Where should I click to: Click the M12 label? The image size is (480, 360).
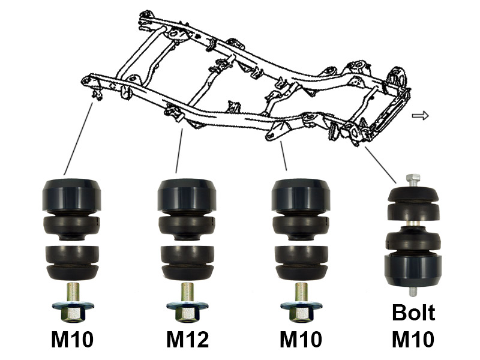pos(187,339)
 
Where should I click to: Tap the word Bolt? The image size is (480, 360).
pos(413,312)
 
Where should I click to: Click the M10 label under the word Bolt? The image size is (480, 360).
pos(413,339)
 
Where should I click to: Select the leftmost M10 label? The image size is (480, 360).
pos(72,339)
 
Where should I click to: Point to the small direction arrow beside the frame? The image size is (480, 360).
pos(421,116)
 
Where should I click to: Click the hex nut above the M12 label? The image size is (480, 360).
pos(187,311)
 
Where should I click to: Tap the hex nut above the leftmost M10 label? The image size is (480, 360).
pos(73,311)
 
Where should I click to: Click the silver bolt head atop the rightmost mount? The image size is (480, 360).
pos(413,180)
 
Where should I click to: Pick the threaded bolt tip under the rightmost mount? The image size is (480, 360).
pos(413,292)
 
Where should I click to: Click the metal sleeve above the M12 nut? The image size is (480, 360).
pos(187,292)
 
